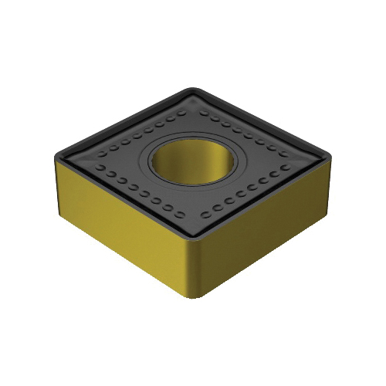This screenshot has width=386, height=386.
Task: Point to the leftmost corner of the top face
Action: click(x=56, y=159)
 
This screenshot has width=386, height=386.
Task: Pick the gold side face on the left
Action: click(x=124, y=232)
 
